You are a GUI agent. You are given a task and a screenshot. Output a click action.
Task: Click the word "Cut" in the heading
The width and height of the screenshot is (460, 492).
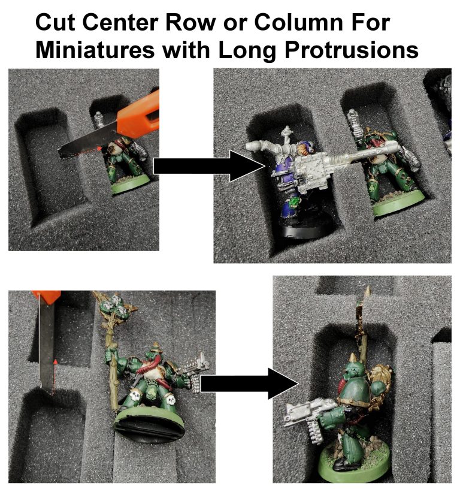coord(55,22)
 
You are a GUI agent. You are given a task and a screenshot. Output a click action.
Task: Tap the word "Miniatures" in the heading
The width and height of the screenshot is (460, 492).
coord(95,50)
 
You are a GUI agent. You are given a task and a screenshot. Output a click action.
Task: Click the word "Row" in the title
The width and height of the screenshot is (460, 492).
coord(190,22)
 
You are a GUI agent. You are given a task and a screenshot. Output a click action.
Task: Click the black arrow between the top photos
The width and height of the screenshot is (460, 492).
coord(209,165)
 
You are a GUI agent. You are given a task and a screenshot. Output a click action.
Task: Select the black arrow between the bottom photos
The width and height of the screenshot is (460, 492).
coord(249,384)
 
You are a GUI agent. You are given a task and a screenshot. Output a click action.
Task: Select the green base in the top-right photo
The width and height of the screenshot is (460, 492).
coord(398,203)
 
